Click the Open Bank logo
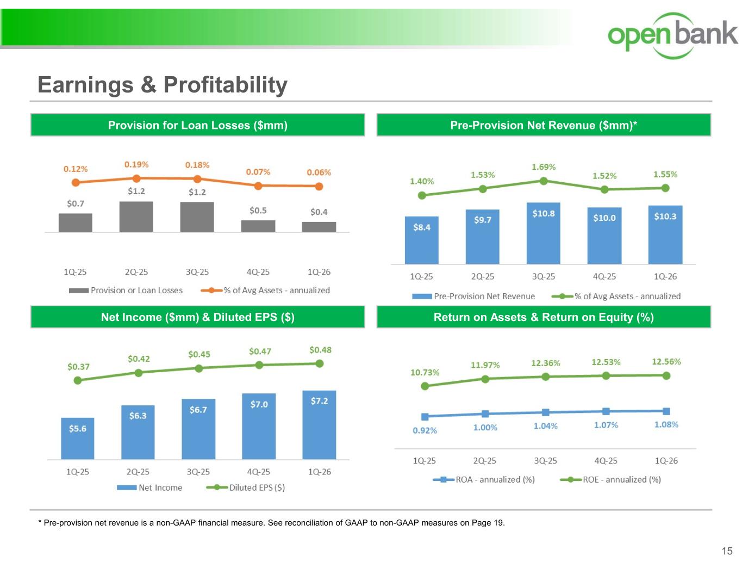(x=672, y=35)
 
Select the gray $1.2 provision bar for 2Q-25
(x=136, y=217)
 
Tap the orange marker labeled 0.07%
(x=258, y=186)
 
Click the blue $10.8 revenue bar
(x=543, y=233)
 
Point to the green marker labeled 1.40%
(x=422, y=195)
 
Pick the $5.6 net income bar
(x=78, y=439)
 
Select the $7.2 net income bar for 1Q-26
(x=319, y=425)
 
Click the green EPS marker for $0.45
(x=198, y=368)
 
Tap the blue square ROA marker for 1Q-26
(x=666, y=411)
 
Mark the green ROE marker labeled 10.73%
(x=425, y=386)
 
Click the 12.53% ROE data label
(x=606, y=362)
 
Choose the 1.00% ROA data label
(x=485, y=428)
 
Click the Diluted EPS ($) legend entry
(x=246, y=487)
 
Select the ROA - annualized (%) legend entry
(x=483, y=479)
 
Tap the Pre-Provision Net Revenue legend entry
(x=473, y=296)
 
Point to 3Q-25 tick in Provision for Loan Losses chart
(x=197, y=272)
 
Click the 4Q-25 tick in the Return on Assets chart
(x=606, y=461)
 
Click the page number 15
(x=727, y=551)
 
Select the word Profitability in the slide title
(x=226, y=85)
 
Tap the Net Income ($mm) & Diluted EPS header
(x=198, y=317)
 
